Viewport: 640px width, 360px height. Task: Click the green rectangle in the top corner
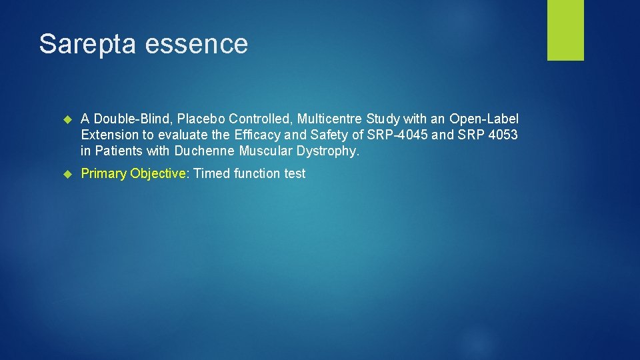[x=565, y=30]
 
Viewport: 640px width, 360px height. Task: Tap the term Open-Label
[x=484, y=119]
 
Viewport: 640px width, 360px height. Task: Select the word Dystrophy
[x=327, y=151]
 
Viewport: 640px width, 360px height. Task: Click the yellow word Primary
[x=103, y=174]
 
